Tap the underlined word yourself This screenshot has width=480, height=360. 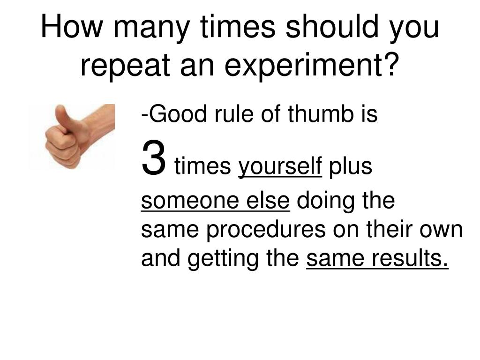point(280,167)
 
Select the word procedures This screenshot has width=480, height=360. point(267,231)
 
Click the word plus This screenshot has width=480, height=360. point(350,167)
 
